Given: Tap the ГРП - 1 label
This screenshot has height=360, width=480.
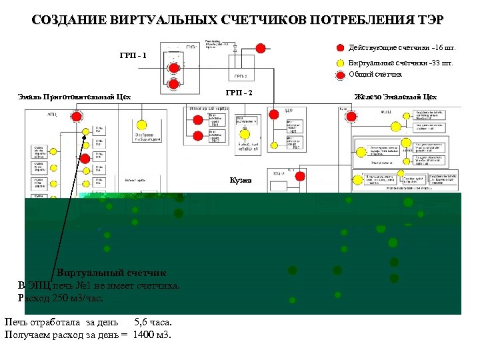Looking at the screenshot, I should click(x=133, y=55).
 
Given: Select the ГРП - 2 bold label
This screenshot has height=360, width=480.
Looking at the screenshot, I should click(x=239, y=92).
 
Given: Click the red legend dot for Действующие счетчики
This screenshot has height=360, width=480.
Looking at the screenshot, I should click(x=340, y=48).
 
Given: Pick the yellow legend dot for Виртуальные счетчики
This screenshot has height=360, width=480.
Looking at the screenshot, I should click(x=340, y=63).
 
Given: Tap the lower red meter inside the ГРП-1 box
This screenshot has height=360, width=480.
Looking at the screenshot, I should click(x=174, y=84).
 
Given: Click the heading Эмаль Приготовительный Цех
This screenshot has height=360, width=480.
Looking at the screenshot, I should click(x=74, y=97).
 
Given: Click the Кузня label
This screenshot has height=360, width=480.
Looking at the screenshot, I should click(x=241, y=180).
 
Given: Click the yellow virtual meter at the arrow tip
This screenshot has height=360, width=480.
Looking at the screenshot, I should click(x=86, y=132).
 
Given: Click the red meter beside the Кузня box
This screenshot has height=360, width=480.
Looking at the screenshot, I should click(x=300, y=177).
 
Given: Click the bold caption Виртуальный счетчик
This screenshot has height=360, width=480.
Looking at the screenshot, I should click(x=111, y=273).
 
